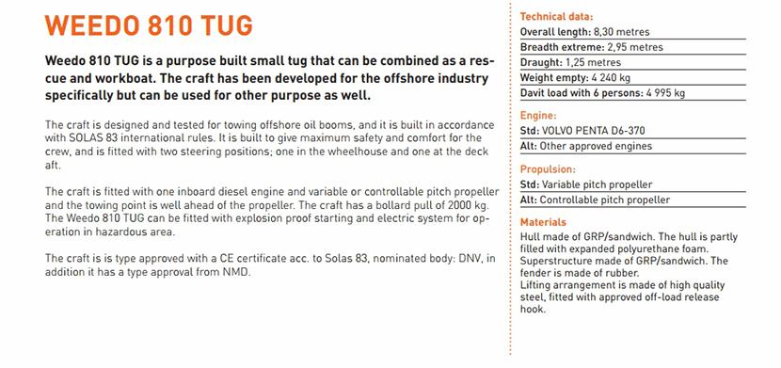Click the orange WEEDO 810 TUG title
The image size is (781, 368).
click(x=149, y=25)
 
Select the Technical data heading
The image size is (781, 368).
click(x=556, y=17)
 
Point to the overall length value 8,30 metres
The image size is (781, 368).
click(x=622, y=32)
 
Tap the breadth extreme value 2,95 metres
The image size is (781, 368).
click(x=635, y=48)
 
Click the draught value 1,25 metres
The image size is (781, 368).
click(x=593, y=63)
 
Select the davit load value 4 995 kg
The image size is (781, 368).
click(x=669, y=93)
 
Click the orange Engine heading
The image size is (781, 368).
click(x=538, y=116)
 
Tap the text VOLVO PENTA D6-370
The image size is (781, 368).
click(x=592, y=132)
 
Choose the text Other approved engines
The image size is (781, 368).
click(x=596, y=147)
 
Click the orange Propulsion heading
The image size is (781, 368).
click(x=548, y=169)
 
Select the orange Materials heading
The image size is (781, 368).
click(x=543, y=223)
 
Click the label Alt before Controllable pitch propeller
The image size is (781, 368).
click(x=529, y=200)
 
